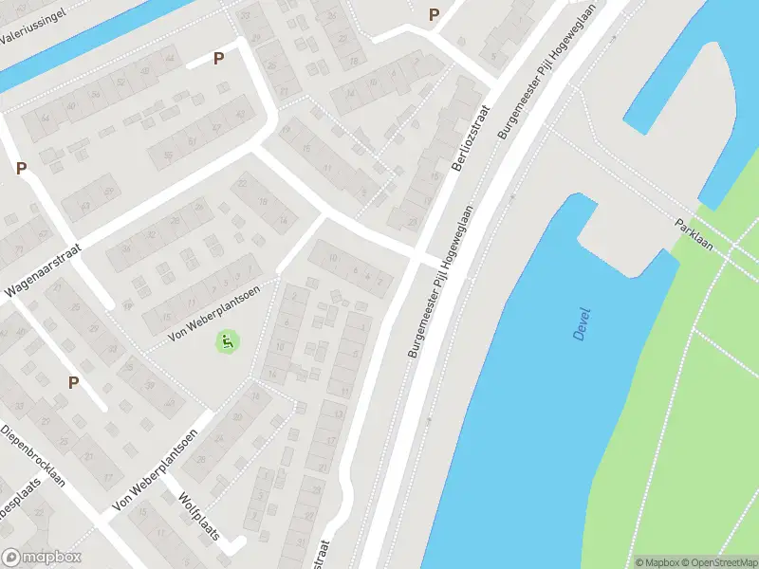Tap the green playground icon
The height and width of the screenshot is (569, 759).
(226, 340)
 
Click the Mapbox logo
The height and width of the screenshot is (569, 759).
(41, 558)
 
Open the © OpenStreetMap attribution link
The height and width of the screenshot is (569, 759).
(717, 562)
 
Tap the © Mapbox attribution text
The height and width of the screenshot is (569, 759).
(656, 562)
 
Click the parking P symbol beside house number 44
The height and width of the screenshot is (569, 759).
(218, 59)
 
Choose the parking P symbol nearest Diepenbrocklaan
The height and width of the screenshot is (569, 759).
(73, 382)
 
